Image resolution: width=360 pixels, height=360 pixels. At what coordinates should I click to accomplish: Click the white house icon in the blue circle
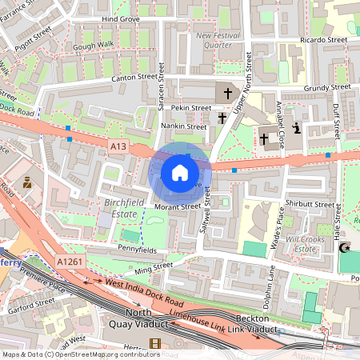coord(180,172)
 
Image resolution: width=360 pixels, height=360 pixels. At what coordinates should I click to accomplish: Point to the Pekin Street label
coord(190,107)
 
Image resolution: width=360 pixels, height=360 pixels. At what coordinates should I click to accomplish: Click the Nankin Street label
coord(185,126)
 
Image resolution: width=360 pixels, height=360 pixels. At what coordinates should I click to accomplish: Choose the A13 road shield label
coord(118,144)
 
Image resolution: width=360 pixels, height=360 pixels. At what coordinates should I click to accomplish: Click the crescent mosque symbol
coord(346,250)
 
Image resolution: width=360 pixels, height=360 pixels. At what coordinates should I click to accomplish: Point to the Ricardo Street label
coord(325,39)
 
